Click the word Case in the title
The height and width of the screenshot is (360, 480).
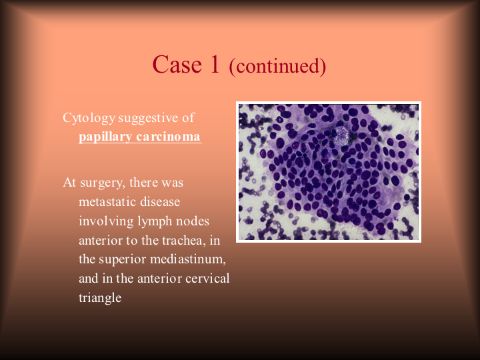(x=177, y=65)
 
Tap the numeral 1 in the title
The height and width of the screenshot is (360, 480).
(x=215, y=64)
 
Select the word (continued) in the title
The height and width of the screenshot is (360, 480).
(x=277, y=66)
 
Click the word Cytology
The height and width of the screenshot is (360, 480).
(x=89, y=119)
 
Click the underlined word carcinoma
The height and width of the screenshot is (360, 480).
(x=168, y=136)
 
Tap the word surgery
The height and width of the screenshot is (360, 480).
(x=103, y=183)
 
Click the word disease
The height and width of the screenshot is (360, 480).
(x=160, y=202)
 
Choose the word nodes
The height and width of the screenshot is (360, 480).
(x=193, y=221)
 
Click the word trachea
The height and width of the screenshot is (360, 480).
(x=183, y=241)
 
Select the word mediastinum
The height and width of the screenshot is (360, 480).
(x=188, y=259)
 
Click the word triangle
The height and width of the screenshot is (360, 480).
(x=100, y=298)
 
